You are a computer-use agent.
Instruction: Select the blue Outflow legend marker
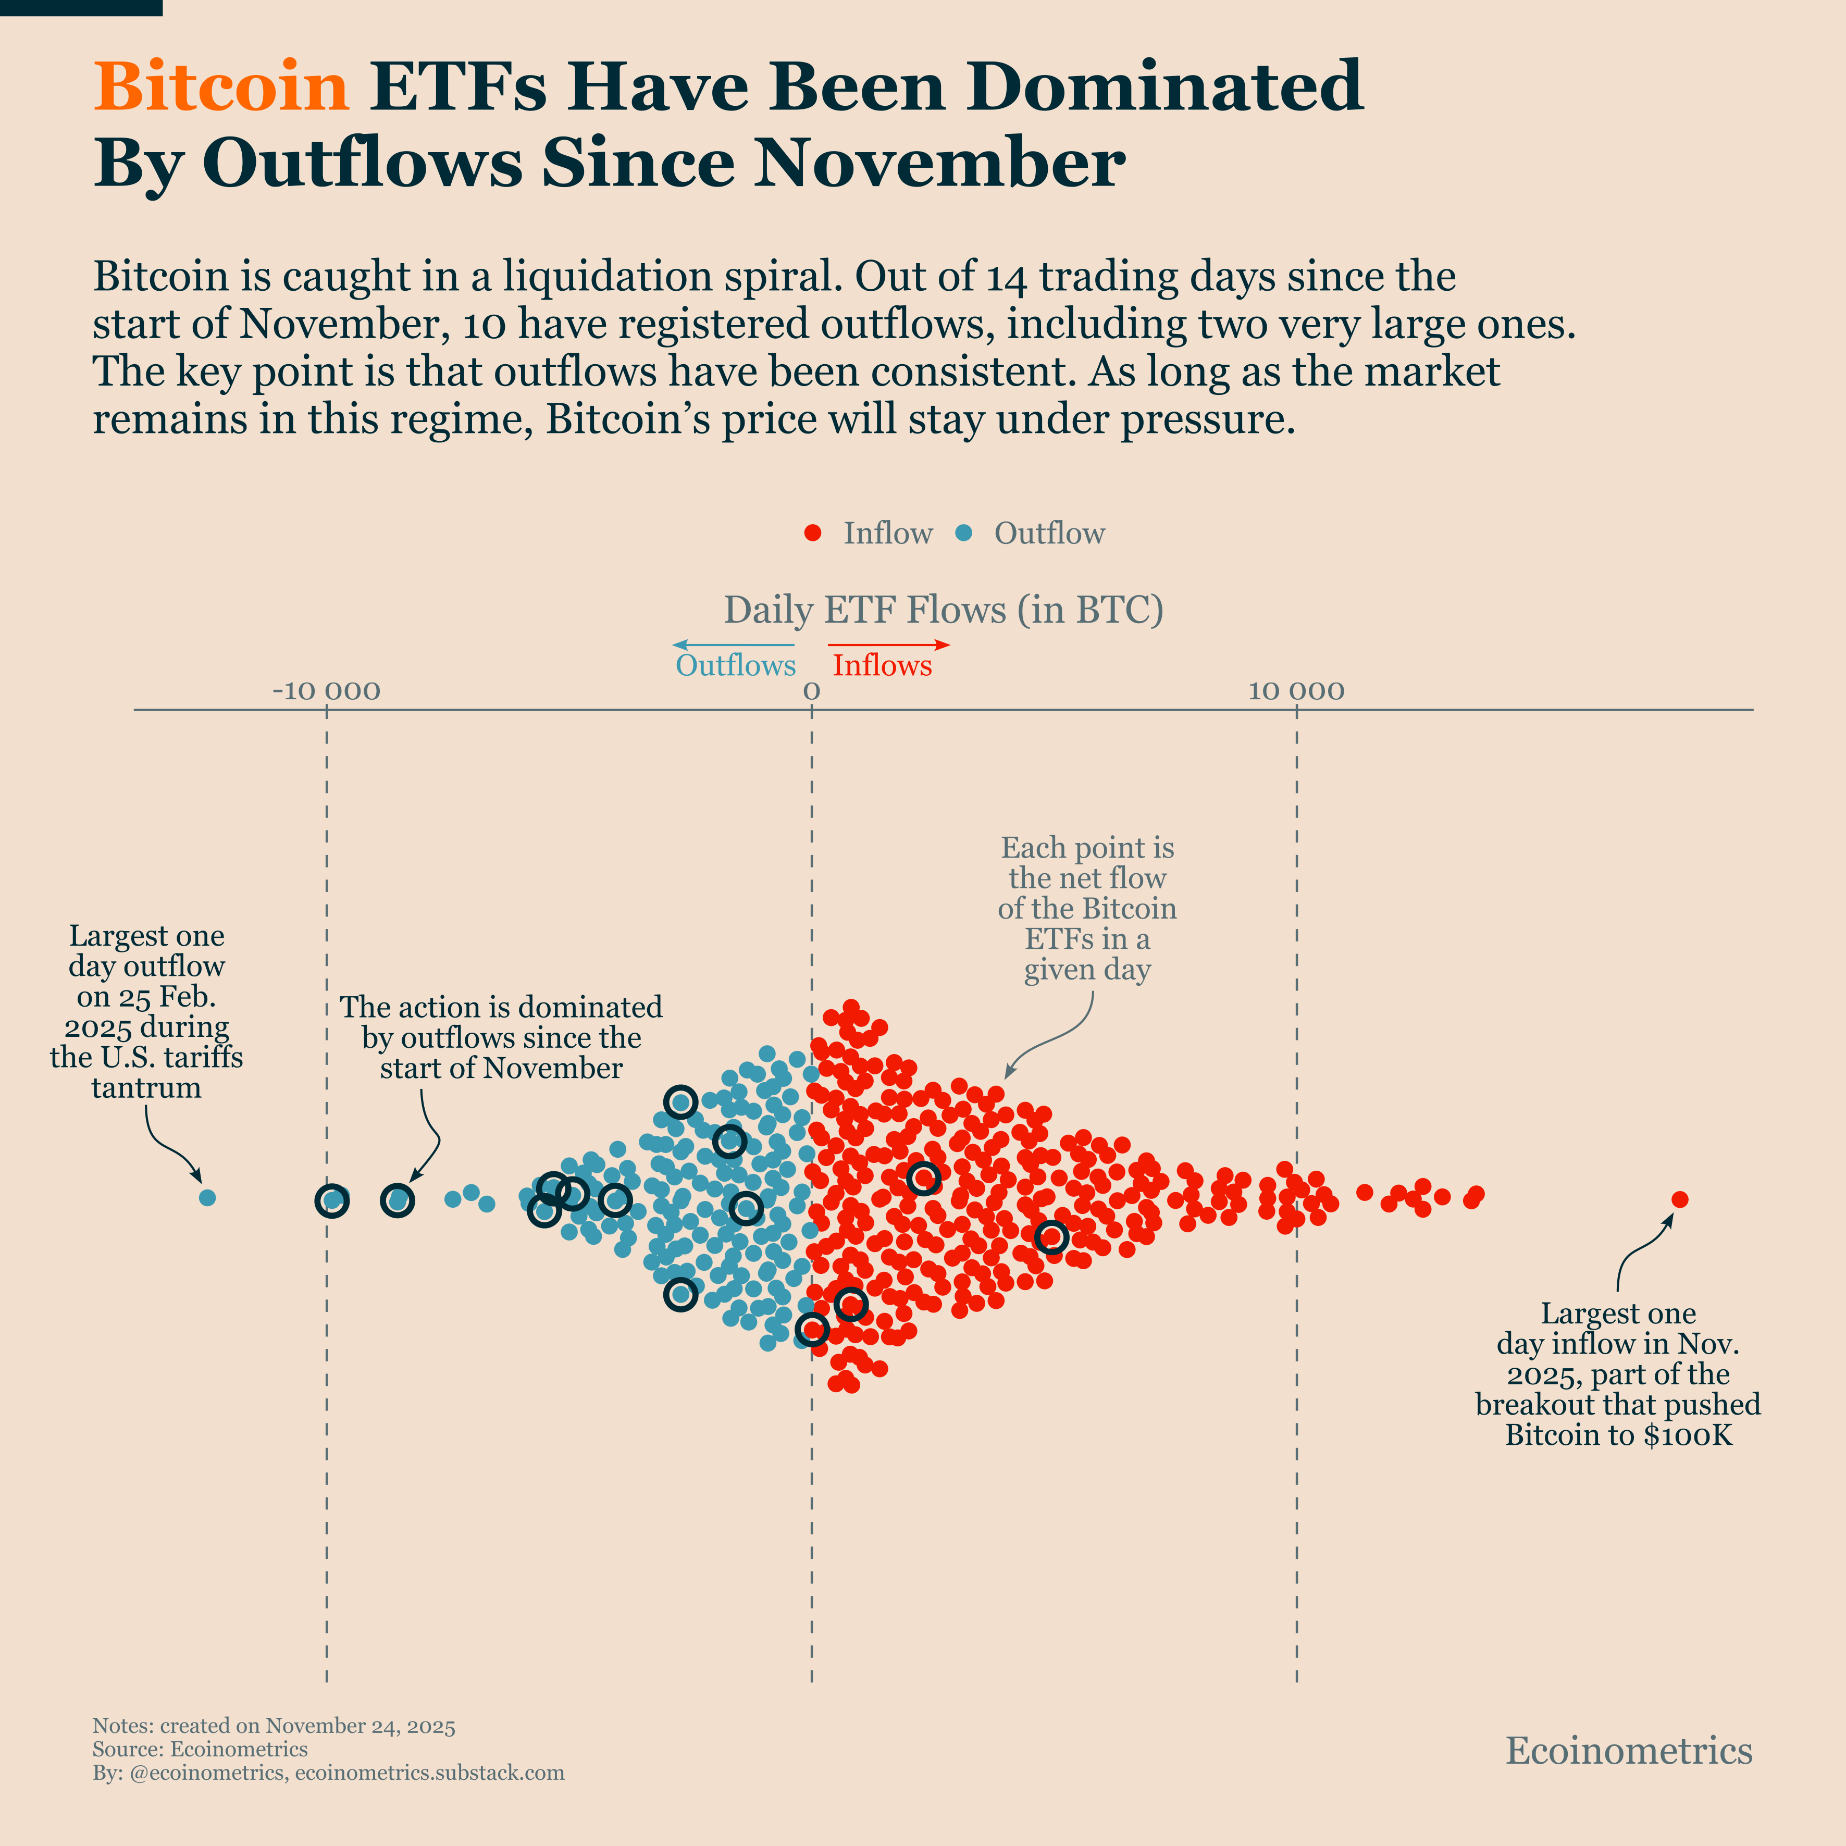coord(964,533)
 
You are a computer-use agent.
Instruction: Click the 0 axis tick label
coord(811,691)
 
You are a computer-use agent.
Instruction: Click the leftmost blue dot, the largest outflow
coord(207,1197)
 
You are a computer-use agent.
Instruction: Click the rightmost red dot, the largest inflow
coord(1680,1199)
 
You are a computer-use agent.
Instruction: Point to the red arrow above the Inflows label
coord(888,645)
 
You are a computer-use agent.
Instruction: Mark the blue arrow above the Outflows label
coord(733,645)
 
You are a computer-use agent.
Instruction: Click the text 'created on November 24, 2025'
coord(307,1726)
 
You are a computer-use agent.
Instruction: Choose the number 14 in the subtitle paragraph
coord(1006,277)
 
